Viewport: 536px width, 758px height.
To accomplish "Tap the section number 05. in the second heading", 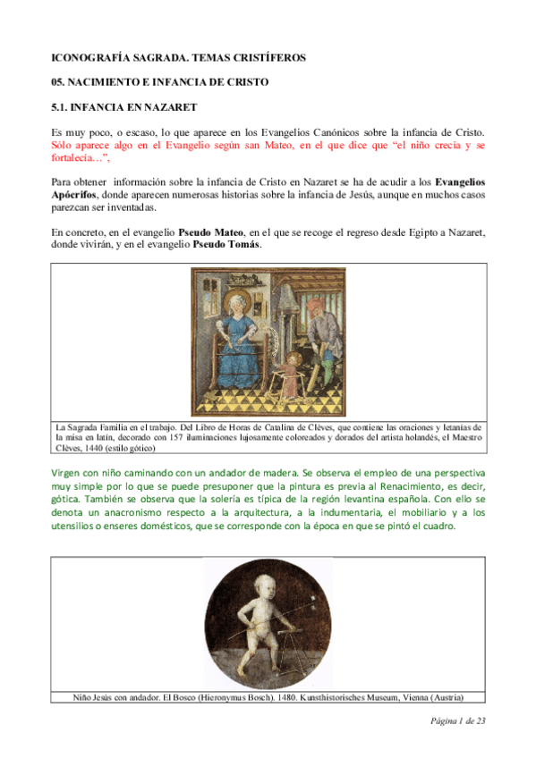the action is pos(59,82).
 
